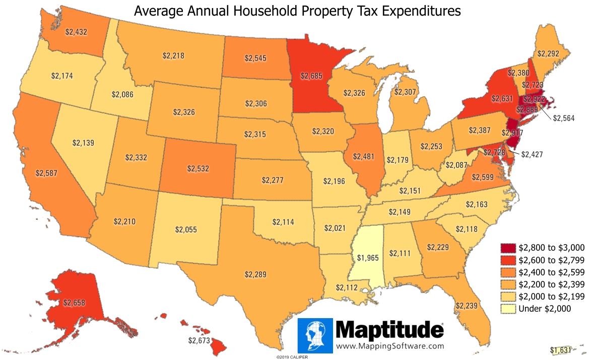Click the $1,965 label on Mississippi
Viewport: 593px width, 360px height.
pos(367,257)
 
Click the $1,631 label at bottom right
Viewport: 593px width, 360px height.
pos(561,350)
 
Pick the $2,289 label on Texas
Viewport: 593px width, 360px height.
pos(255,275)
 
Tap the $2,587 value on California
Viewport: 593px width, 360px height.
pos(46,172)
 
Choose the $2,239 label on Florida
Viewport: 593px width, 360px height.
pos(466,306)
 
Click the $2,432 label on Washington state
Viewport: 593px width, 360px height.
pos(76,31)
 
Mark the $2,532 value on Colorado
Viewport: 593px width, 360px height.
pos(197,168)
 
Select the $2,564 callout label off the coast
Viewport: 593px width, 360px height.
pos(564,118)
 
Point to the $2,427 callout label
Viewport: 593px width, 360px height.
pos(532,154)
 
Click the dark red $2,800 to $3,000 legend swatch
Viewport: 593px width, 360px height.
pos(507,248)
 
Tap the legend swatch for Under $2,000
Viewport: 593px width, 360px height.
pos(507,309)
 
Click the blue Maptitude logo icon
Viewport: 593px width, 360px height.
pos(315,335)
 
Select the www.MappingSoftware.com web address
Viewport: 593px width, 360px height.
pos(390,346)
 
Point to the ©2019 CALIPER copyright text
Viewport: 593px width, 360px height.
pos(292,357)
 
